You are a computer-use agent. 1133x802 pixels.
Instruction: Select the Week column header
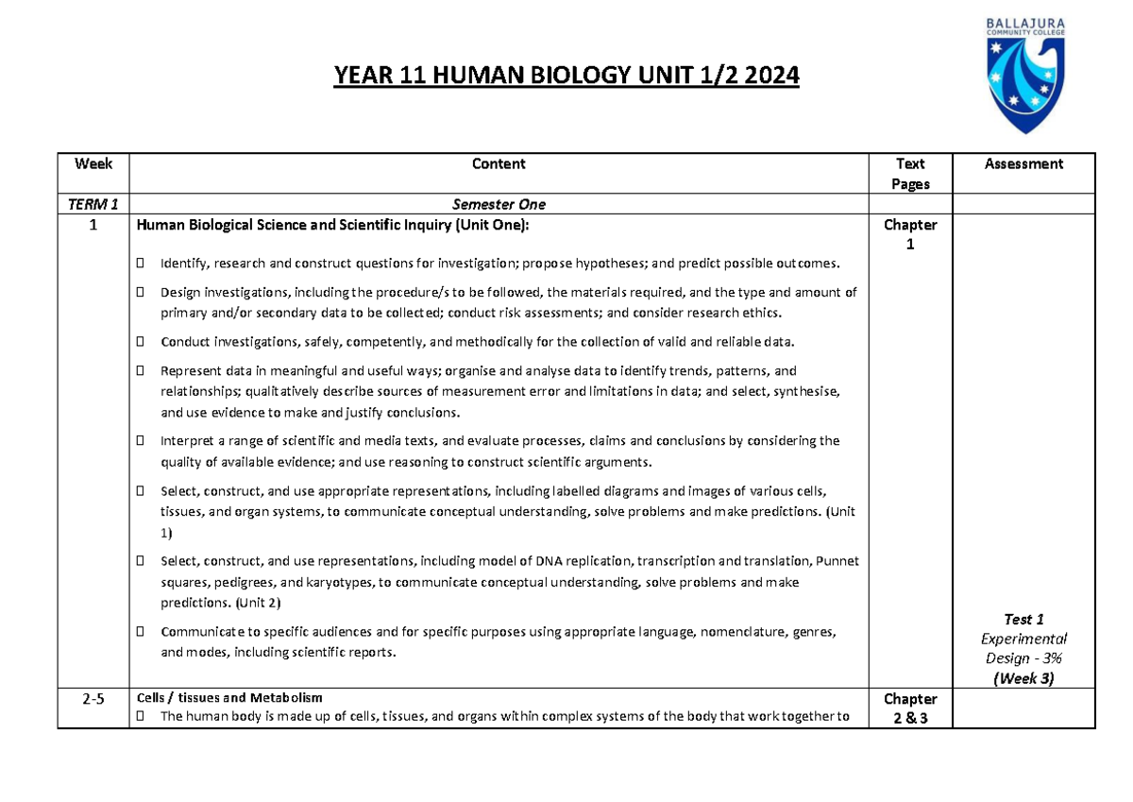(x=93, y=164)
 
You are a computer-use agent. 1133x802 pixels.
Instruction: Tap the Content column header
(x=499, y=164)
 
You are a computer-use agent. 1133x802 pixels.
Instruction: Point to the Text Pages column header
(x=910, y=174)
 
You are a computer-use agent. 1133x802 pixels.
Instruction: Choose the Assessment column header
(x=1023, y=164)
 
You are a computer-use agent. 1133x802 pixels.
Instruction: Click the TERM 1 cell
(x=93, y=204)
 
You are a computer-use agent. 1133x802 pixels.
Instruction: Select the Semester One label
(x=499, y=204)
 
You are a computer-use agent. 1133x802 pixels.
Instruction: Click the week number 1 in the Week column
(x=93, y=225)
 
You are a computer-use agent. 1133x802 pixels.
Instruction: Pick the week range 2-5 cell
(x=93, y=699)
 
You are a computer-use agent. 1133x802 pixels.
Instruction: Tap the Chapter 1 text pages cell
(x=910, y=233)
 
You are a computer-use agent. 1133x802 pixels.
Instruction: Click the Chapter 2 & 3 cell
(x=910, y=708)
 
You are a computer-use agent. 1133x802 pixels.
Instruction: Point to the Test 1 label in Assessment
(x=1023, y=620)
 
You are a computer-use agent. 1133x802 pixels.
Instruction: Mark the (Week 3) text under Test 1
(x=1023, y=678)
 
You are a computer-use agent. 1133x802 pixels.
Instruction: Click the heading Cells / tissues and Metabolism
(x=229, y=698)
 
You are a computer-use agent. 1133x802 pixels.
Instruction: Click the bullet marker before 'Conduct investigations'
(x=140, y=342)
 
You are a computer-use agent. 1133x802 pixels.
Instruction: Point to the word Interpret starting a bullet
(x=187, y=441)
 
